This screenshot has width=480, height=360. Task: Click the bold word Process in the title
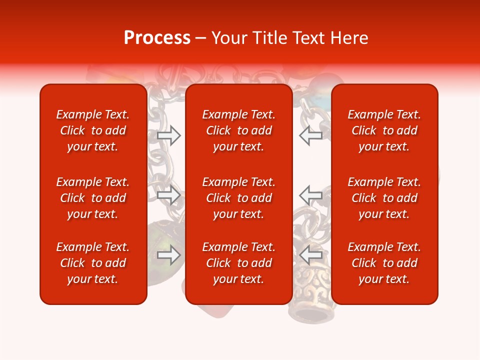(157, 38)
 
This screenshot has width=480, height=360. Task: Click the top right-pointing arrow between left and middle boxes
(168, 135)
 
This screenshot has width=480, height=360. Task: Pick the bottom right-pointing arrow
(168, 255)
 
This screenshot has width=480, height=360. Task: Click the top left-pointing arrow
(310, 135)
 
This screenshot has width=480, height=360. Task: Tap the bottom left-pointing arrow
(310, 255)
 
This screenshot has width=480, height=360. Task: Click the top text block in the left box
(93, 130)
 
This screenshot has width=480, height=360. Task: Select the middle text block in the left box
(93, 198)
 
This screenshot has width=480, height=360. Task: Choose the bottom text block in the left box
(93, 263)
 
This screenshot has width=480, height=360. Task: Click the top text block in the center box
(238, 130)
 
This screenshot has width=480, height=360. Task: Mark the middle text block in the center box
(238, 198)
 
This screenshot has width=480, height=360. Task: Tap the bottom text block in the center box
(238, 263)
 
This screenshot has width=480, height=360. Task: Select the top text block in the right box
(384, 130)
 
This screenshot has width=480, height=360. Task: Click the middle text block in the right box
(384, 198)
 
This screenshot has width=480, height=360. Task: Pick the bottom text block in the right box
(384, 263)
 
